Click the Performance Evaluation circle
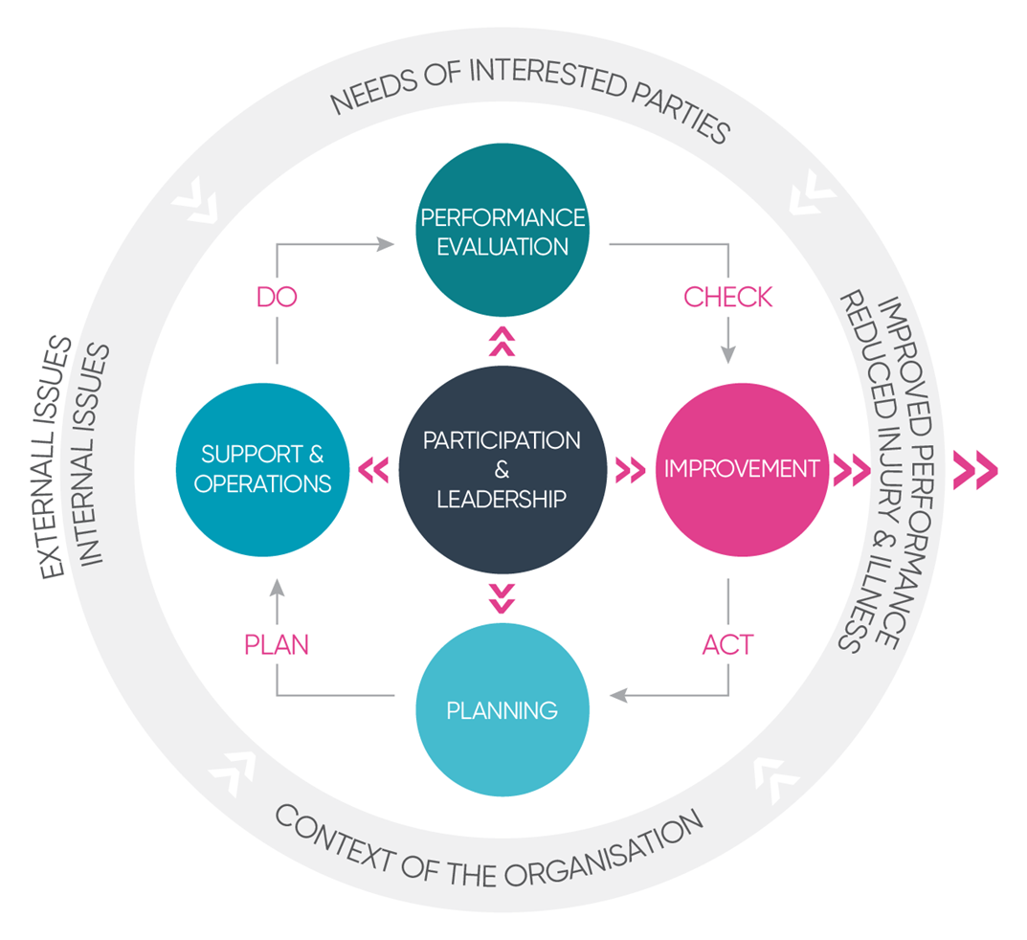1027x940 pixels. (x=502, y=231)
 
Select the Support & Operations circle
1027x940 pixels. (x=262, y=469)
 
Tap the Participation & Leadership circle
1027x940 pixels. (x=502, y=469)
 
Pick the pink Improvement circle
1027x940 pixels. (x=742, y=469)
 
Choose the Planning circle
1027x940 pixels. (x=502, y=710)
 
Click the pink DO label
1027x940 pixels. (x=277, y=297)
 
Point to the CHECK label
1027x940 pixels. (x=727, y=297)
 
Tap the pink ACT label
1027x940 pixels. (x=727, y=644)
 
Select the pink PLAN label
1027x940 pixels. (x=277, y=644)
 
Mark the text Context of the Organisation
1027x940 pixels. (x=489, y=841)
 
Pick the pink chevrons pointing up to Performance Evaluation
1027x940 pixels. (x=502, y=341)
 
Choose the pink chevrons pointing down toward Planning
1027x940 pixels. (x=502, y=597)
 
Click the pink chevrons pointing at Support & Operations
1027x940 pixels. (x=373, y=469)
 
